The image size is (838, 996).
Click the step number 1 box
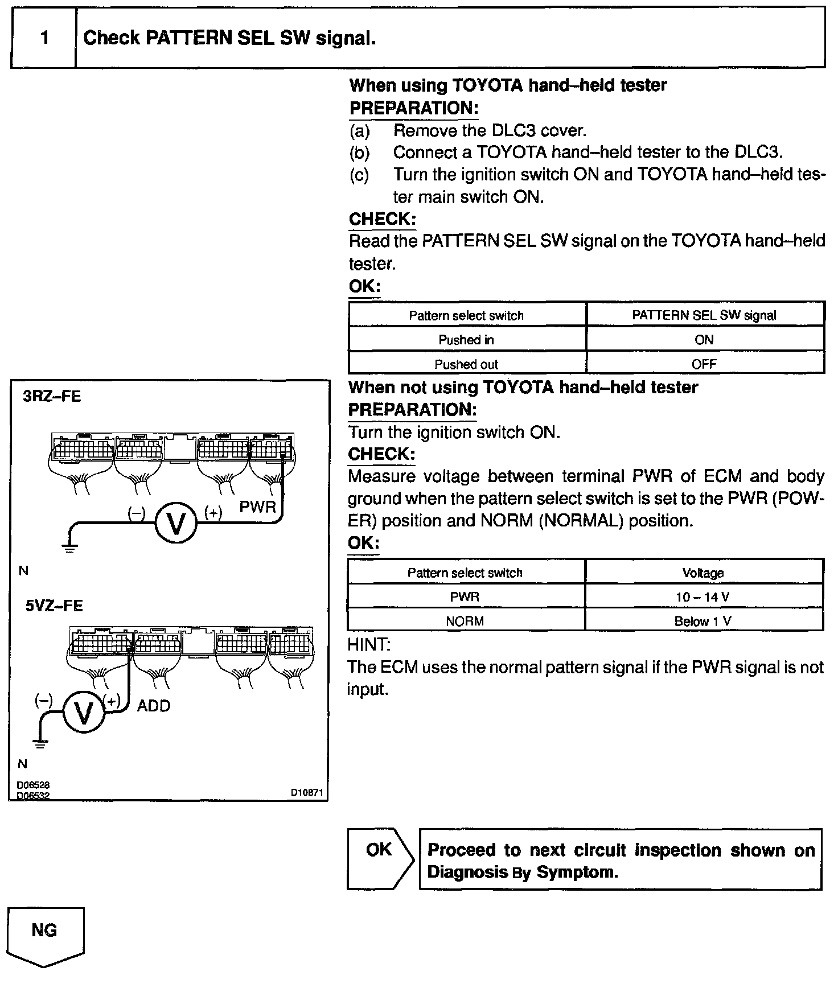(44, 38)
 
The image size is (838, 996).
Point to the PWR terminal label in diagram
(257, 507)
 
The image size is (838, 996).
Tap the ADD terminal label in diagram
(154, 706)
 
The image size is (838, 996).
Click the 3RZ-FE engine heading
(52, 396)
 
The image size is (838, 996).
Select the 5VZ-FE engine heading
(54, 606)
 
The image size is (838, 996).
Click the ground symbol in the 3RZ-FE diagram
(69, 548)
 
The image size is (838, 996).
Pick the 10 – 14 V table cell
(704, 597)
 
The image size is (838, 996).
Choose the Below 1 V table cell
(704, 621)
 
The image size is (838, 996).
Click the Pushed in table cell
(466, 340)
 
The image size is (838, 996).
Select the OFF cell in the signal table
(704, 364)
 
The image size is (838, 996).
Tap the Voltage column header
(704, 573)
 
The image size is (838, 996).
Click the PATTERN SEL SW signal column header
(704, 315)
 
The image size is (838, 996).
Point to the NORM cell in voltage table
(465, 621)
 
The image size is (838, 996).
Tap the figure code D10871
(307, 792)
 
